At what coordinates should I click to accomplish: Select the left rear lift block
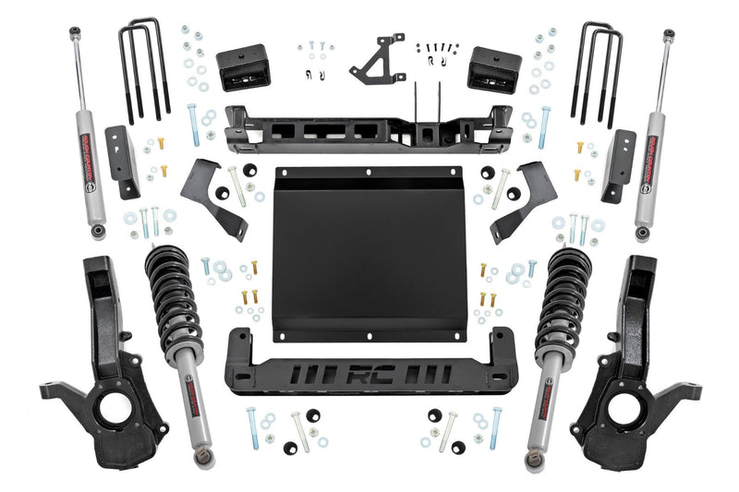click(x=241, y=67)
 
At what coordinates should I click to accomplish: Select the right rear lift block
click(x=494, y=67)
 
